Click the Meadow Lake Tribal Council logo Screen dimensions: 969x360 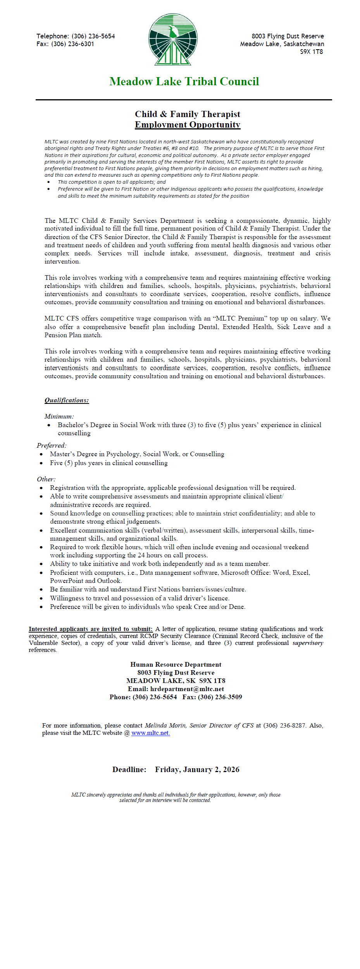[173, 40]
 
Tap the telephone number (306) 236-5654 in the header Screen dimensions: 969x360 [93, 36]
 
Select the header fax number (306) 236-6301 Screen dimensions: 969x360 [72, 44]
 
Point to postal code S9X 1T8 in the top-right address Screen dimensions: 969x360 [311, 52]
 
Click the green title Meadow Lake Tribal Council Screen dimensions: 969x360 [184, 81]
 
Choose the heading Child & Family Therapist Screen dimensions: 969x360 [188, 114]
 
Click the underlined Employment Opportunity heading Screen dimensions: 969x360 [188, 124]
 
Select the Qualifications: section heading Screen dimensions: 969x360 [67, 400]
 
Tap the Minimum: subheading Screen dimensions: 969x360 [59, 416]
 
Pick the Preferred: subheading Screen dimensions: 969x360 [52, 445]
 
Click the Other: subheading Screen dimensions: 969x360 [46, 479]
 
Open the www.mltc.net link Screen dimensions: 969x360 [150, 733]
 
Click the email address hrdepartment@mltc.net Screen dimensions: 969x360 [187, 689]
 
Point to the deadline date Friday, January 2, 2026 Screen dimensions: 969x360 [197, 769]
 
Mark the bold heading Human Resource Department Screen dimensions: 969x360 [176, 664]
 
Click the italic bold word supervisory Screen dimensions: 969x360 [308, 643]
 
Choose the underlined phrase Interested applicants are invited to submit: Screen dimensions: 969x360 [91, 629]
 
